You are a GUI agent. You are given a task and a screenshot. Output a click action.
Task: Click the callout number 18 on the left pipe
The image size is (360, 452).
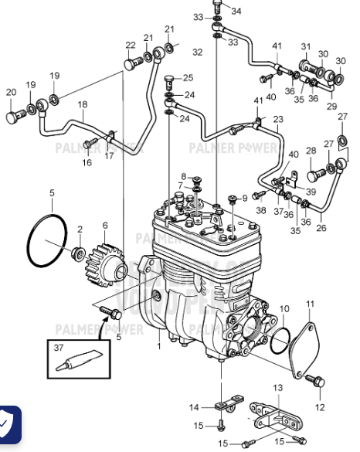pyautogui.click(x=82, y=104)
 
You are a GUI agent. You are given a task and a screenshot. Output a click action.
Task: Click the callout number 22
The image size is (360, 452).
pyautogui.click(x=131, y=44)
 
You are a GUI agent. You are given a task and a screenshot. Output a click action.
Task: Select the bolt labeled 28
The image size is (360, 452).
pyautogui.click(x=314, y=174)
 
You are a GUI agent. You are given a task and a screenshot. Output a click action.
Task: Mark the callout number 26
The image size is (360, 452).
pyautogui.click(x=321, y=228)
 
